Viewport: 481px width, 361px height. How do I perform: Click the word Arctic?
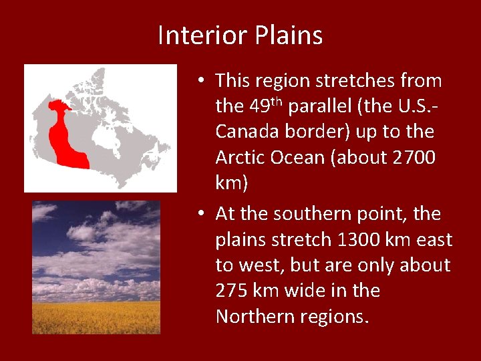tap(239, 157)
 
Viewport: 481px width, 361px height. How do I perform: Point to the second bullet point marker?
tap(201, 215)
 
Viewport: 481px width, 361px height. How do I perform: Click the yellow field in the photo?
tap(96, 317)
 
